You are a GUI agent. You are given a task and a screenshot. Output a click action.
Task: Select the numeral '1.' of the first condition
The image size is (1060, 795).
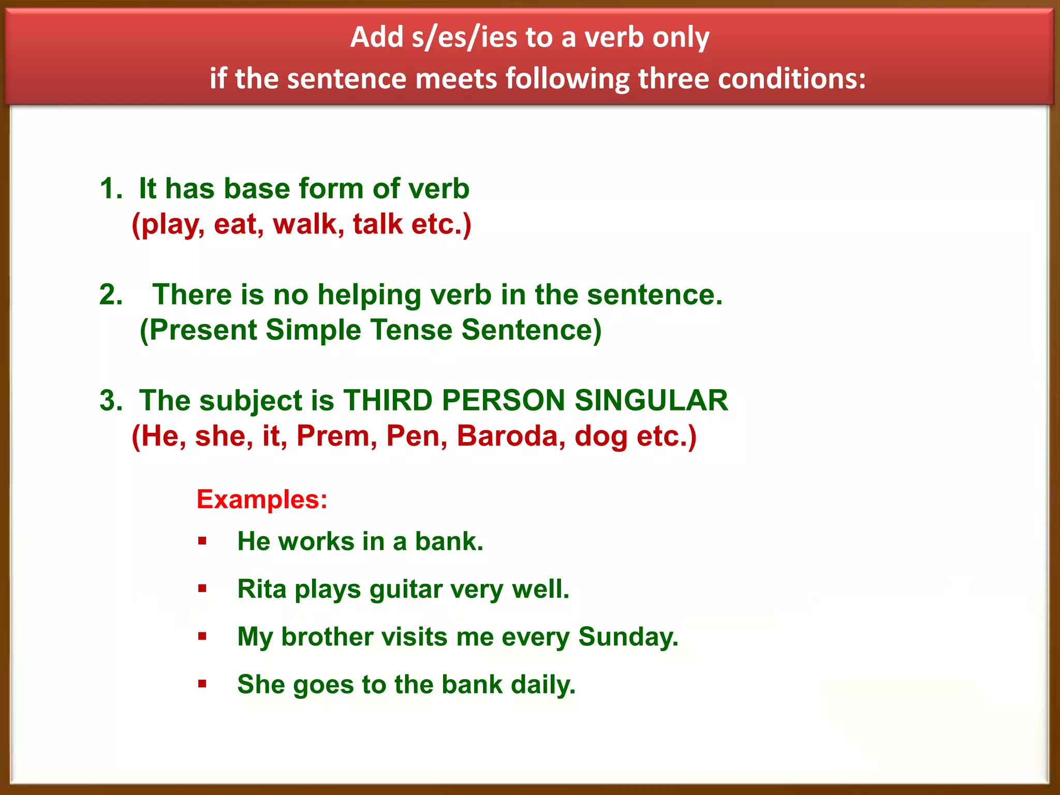coord(111,188)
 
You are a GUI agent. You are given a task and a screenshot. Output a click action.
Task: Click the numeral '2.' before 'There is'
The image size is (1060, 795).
coord(111,295)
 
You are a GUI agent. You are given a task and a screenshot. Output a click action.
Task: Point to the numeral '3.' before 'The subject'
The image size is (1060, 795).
coord(111,401)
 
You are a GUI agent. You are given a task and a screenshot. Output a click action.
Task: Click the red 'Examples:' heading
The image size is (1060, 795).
coord(262,500)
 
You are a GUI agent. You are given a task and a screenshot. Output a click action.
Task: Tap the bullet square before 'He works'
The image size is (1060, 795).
coord(202,541)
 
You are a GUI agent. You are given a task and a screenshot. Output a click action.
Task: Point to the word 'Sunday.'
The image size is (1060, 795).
coord(628,637)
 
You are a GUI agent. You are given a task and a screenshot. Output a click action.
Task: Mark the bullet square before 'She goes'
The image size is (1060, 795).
coord(202,684)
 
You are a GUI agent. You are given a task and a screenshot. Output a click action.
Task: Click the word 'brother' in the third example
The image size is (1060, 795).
coord(327,637)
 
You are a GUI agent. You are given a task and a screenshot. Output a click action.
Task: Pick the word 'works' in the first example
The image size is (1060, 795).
coord(316,541)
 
